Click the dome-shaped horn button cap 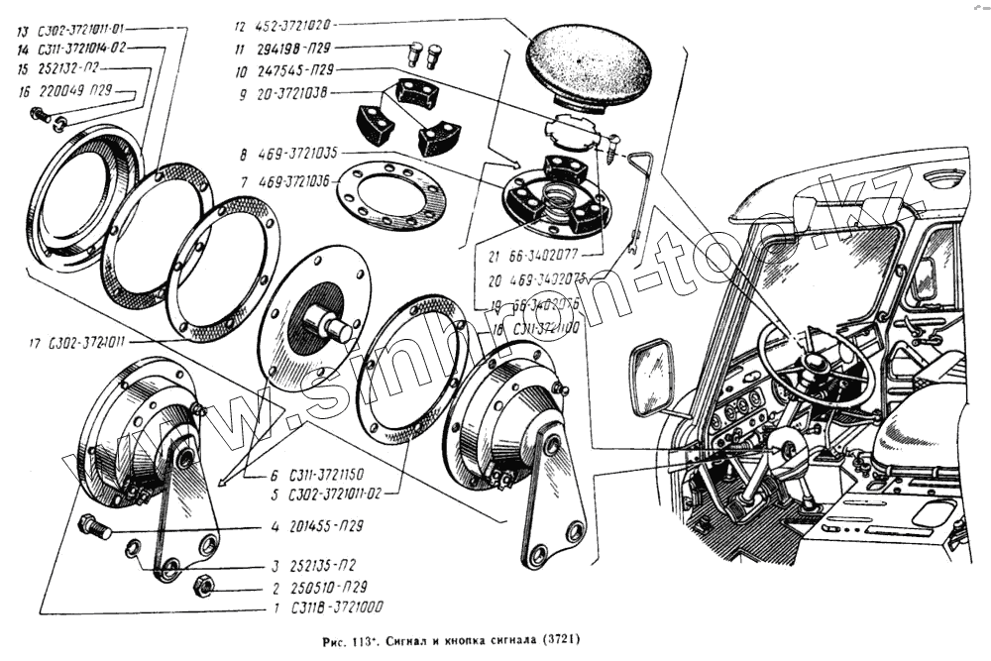click(x=589, y=65)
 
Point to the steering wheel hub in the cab click(x=816, y=365)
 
